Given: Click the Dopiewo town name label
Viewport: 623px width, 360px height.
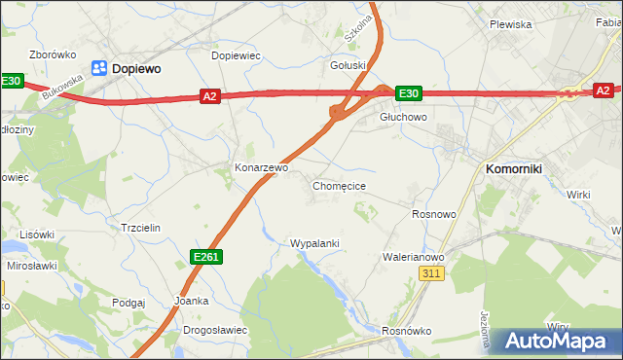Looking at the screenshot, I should [136, 69].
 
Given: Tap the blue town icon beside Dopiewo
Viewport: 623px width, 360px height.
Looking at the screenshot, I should [99, 68].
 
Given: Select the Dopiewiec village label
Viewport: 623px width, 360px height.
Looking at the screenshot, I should [236, 56].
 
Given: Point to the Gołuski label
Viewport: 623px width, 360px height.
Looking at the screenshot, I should [348, 65].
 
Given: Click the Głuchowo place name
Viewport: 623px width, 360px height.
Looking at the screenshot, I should [403, 117].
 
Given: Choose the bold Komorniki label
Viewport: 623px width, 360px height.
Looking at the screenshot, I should [514, 168].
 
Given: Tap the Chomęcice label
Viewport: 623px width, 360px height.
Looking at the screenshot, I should [339, 185].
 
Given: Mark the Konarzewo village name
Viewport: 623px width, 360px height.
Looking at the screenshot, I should [261, 167].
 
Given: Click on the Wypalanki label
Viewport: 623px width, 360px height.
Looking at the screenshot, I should [314, 242].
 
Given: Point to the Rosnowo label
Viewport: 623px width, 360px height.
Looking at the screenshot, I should [434, 214].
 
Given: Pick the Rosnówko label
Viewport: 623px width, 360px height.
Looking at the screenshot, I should [407, 331].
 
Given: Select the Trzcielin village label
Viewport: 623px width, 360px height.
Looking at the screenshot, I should [139, 227].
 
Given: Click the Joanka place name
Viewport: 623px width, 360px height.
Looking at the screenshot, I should [191, 301].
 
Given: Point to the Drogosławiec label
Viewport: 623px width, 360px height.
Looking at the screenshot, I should [215, 330].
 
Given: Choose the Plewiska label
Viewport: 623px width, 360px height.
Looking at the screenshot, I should [510, 24].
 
